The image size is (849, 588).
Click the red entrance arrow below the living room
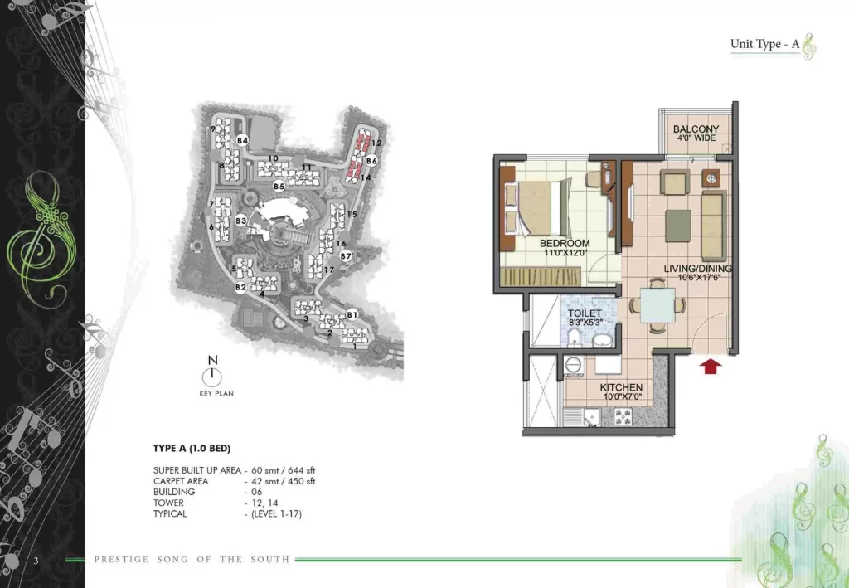pos(711,367)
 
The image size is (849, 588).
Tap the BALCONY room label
pos(696,129)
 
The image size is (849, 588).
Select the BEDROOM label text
pos(565,243)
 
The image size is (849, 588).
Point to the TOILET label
pos(585,313)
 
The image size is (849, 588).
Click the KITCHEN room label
pos(621,387)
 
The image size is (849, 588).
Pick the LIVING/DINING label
pos(698,268)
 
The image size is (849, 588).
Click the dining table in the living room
pos(657,305)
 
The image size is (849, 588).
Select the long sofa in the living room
pos(714,226)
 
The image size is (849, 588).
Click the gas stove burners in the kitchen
pos(623,415)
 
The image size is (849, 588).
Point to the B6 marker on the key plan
pos(371,161)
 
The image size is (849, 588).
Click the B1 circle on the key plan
pos(352,314)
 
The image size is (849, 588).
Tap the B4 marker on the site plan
pos(242,141)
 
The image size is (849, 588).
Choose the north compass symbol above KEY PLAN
pos(212,376)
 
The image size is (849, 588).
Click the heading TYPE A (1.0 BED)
pos(192,449)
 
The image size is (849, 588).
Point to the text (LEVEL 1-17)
pos(276,513)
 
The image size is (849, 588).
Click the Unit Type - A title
pos(764,44)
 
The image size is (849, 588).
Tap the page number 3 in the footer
pos(36,561)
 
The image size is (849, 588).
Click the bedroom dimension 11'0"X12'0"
pos(565,252)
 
